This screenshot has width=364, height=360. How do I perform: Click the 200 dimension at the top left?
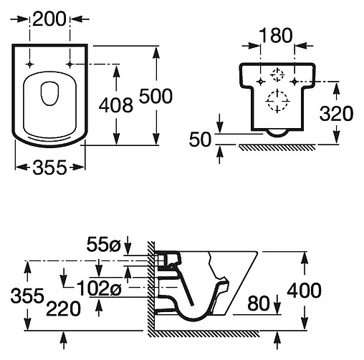[x=49, y=19]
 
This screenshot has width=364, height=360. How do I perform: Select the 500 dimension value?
[x=155, y=96]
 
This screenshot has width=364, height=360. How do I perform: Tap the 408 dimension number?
[x=116, y=105]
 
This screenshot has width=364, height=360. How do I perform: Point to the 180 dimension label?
[x=276, y=36]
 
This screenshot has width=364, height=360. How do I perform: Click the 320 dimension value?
[x=336, y=113]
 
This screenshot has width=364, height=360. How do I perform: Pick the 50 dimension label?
[x=200, y=140]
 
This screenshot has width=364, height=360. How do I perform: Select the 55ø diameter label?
[x=104, y=245]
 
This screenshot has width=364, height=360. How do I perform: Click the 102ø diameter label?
[x=100, y=288]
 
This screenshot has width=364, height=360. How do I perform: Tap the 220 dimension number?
[x=64, y=308]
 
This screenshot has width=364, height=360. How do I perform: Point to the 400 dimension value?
[x=304, y=291]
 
